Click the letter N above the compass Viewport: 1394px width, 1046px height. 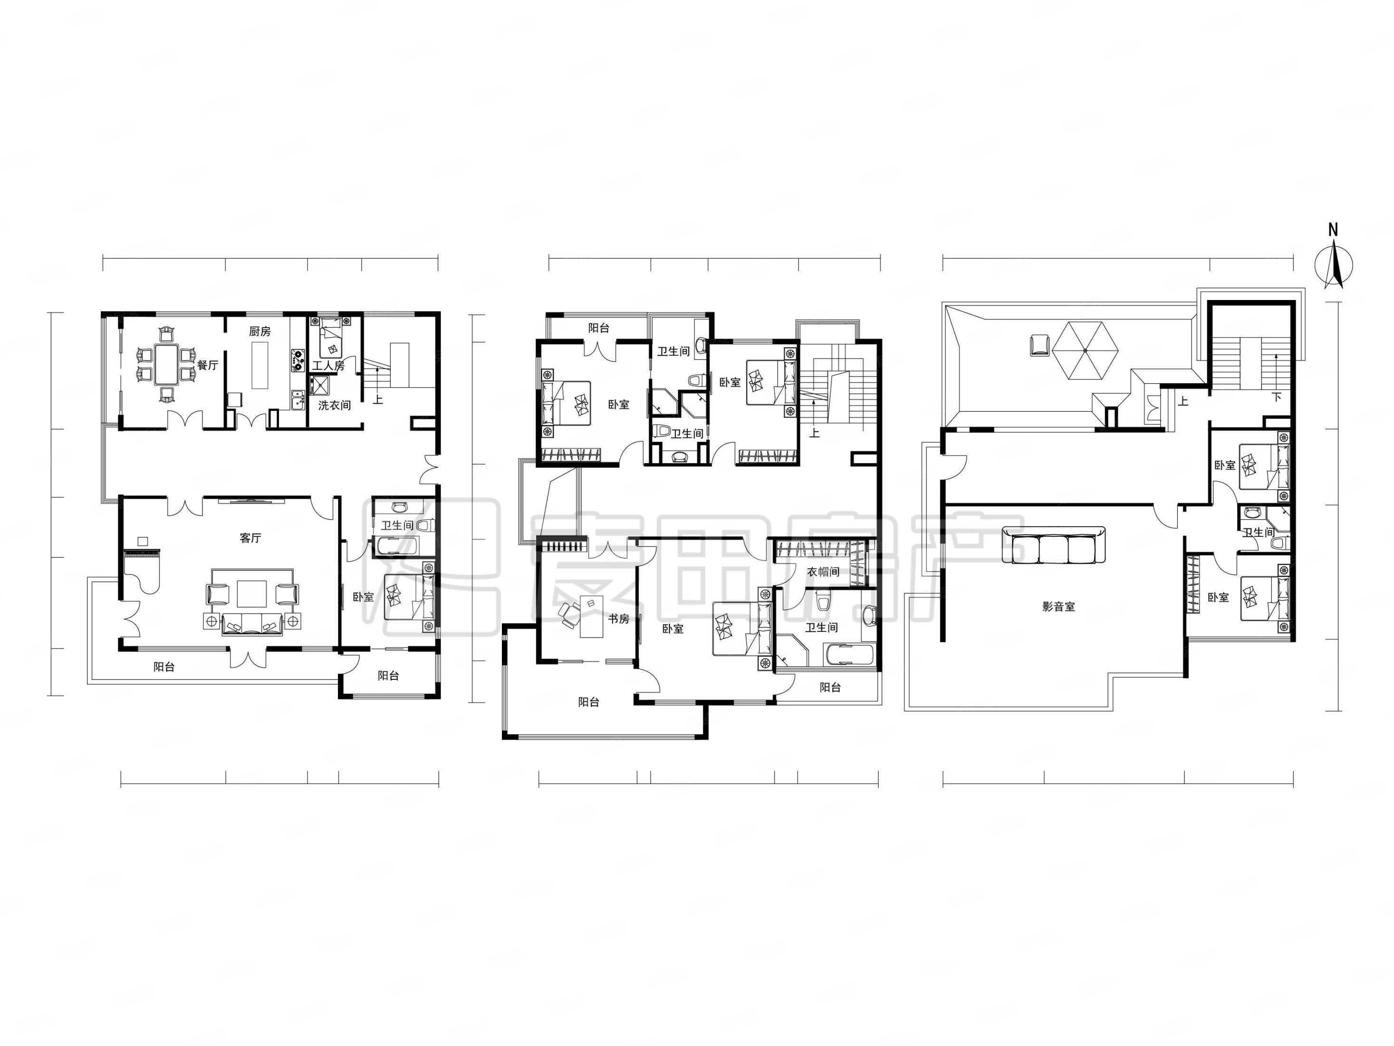point(1333,230)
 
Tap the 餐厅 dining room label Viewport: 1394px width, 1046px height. point(207,365)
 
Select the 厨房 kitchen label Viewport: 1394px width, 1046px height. point(260,331)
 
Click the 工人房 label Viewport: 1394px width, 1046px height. point(328,365)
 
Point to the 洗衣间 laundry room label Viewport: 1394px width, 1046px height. point(334,405)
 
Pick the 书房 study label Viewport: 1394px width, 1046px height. point(618,619)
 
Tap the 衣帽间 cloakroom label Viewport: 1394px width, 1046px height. point(823,571)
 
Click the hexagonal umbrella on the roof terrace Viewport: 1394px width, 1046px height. point(1085,350)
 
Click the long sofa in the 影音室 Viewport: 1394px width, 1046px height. point(1053,545)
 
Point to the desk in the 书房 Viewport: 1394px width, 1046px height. point(591,616)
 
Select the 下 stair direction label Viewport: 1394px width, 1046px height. point(1277,397)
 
